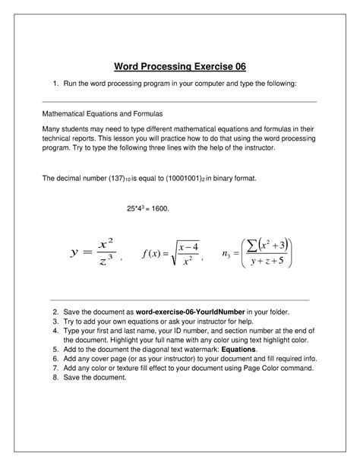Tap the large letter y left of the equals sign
point(74,252)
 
